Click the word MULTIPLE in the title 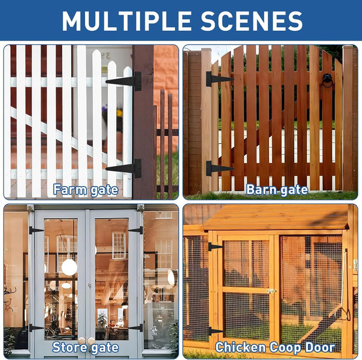coord(127,21)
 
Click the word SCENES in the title coord(252,21)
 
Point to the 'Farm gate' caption coord(86,190)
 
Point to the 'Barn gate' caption coord(277,190)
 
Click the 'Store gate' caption coord(86,348)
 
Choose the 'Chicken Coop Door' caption coord(275,347)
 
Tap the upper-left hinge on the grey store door coord(36,230)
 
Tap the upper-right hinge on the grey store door coord(136,230)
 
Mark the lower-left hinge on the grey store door coord(36,327)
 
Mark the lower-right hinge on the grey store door coord(136,327)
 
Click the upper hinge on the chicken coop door coord(215,247)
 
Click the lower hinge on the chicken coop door coord(215,332)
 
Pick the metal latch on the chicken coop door coord(271,291)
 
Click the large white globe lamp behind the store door coord(69,267)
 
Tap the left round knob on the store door coord(81,341)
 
